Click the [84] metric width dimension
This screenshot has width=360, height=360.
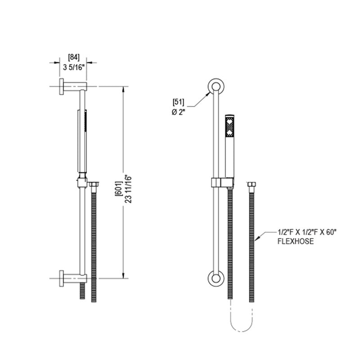coord(73,57)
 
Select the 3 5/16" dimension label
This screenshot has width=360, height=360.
coord(73,68)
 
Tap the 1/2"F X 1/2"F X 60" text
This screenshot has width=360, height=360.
coord(307,233)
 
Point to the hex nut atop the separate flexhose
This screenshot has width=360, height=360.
coord(252,184)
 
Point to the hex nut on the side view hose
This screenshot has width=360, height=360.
coord(94,184)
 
